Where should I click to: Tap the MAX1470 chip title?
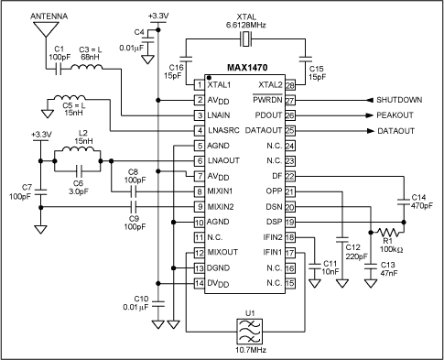pos(247,67)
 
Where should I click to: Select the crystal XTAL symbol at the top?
pos(245,39)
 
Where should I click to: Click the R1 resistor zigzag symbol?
pos(388,232)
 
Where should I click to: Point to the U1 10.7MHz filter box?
pos(250,332)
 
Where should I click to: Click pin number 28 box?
pos(290,85)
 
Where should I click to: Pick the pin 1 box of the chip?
pos(200,84)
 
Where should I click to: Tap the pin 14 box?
pos(200,283)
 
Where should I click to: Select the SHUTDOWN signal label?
pos(399,100)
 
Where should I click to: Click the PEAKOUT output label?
pos(395,115)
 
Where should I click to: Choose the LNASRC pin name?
pos(223,130)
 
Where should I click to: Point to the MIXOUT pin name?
pos(222,252)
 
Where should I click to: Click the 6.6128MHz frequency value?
pos(245,25)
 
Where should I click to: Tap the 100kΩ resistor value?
pos(391,249)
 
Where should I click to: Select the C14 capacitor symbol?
pos(404,202)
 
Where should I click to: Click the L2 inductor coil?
pos(78,148)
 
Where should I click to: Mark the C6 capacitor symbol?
pos(79,170)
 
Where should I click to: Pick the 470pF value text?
pos(422,206)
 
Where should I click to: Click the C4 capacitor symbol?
pos(148,39)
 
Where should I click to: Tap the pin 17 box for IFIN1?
pos(290,253)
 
